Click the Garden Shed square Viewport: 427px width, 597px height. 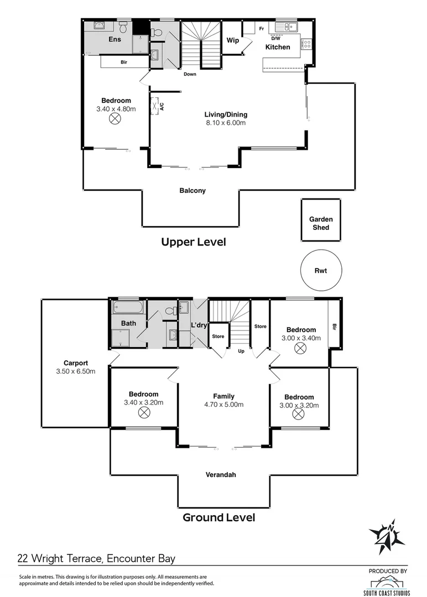click(x=321, y=219)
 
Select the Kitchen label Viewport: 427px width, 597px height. click(x=278, y=47)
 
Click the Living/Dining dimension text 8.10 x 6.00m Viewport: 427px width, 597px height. click(x=226, y=123)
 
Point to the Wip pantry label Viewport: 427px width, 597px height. click(x=233, y=40)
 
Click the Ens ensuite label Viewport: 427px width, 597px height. click(x=114, y=39)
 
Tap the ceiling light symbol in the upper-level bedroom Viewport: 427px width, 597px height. click(x=114, y=119)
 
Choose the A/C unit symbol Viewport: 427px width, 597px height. click(x=155, y=106)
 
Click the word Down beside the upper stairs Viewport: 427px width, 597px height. click(x=190, y=74)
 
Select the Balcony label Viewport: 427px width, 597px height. click(x=192, y=190)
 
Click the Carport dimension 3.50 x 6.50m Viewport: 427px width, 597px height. click(x=76, y=371)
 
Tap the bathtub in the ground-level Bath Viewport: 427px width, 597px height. click(x=128, y=307)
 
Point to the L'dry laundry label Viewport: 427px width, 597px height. click(x=199, y=325)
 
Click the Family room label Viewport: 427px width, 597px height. click(x=223, y=396)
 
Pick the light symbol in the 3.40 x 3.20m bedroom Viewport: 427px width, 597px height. click(x=144, y=412)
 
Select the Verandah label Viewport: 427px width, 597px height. click(x=221, y=475)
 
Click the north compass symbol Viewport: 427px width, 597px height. click(x=386, y=537)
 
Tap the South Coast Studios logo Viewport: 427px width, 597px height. click(x=386, y=585)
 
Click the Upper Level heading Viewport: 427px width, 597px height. click(x=194, y=242)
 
